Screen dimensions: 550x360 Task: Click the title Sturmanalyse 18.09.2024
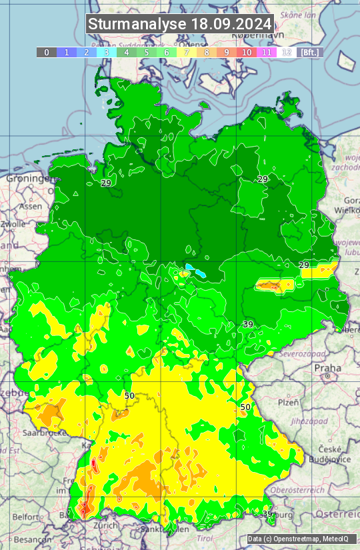point(180,24)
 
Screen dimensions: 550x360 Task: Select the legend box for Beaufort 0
point(47,52)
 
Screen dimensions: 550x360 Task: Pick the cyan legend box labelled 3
point(107,52)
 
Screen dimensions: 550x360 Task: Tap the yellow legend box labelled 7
point(187,52)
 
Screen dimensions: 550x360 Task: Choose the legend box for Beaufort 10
point(247,52)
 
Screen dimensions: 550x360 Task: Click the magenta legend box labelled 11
point(267,52)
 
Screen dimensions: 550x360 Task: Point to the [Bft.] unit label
point(310,52)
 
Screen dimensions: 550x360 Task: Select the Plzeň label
point(288,402)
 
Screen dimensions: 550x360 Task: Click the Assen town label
point(30,207)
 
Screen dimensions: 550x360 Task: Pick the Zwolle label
point(13,224)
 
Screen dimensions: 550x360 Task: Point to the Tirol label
point(203,537)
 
